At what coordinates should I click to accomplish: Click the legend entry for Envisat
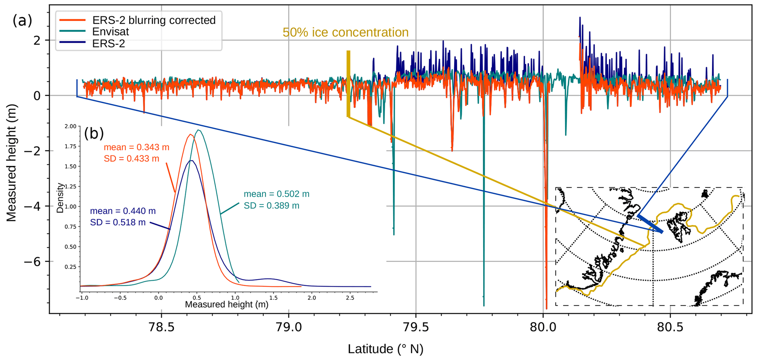point(111,32)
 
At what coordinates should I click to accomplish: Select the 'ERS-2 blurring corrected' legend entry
point(154,20)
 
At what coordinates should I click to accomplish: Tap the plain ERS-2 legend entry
point(109,43)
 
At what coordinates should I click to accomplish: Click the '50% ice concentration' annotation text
point(345,32)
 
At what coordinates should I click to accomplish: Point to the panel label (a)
point(22,21)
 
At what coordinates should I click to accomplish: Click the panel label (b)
point(94,133)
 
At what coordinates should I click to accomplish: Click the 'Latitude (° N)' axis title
point(386,349)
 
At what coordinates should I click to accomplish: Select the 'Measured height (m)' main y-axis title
point(12,163)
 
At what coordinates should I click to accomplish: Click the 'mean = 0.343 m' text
point(136,147)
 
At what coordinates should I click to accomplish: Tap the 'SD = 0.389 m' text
point(271,206)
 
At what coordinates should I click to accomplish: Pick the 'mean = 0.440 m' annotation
point(123,211)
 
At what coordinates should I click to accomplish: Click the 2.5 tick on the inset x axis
point(350,298)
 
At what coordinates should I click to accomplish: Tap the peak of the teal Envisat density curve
point(199,130)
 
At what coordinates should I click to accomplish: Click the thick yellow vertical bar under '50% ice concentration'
point(348,84)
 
